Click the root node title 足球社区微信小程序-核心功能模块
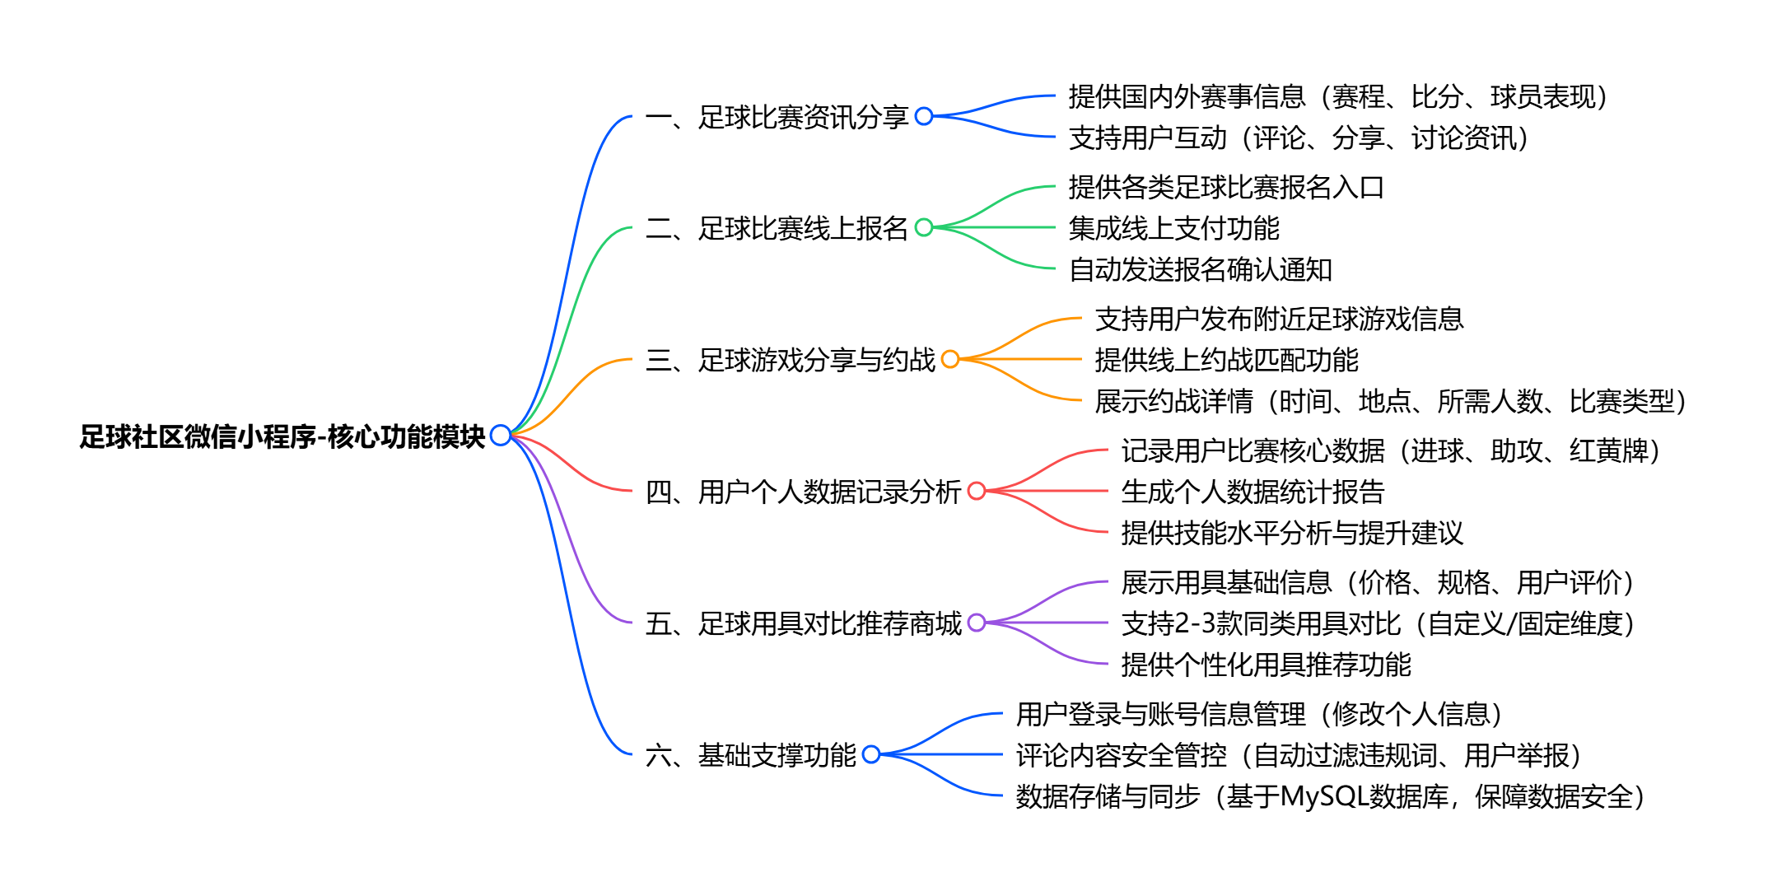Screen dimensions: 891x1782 pos(282,436)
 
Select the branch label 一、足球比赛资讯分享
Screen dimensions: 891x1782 pos(777,117)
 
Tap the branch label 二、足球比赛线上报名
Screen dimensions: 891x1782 pos(777,228)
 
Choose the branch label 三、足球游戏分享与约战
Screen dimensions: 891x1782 pos(790,360)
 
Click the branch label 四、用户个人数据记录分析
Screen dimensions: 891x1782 pos(803,492)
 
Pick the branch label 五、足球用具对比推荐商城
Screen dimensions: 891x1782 pos(803,623)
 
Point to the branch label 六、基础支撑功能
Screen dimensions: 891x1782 pos(750,755)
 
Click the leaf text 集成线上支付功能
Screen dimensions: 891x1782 pos(1173,228)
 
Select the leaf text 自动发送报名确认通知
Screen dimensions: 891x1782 pos(1200,269)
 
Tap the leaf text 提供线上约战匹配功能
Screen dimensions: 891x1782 pos(1226,360)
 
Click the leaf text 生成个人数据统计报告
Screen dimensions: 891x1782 pos(1253,492)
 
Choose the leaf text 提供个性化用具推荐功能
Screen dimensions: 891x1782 pos(1266,665)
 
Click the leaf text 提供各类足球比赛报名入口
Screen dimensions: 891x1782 pos(1226,187)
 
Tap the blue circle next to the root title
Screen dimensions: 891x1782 pos(500,435)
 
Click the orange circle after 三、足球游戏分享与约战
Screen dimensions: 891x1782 pos(950,359)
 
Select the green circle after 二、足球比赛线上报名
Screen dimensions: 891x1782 pos(924,227)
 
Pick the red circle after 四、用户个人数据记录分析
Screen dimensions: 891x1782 pos(977,491)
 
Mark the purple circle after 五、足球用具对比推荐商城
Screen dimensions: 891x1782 pos(977,623)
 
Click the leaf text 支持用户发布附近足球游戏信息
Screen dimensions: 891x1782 pos(1279,319)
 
